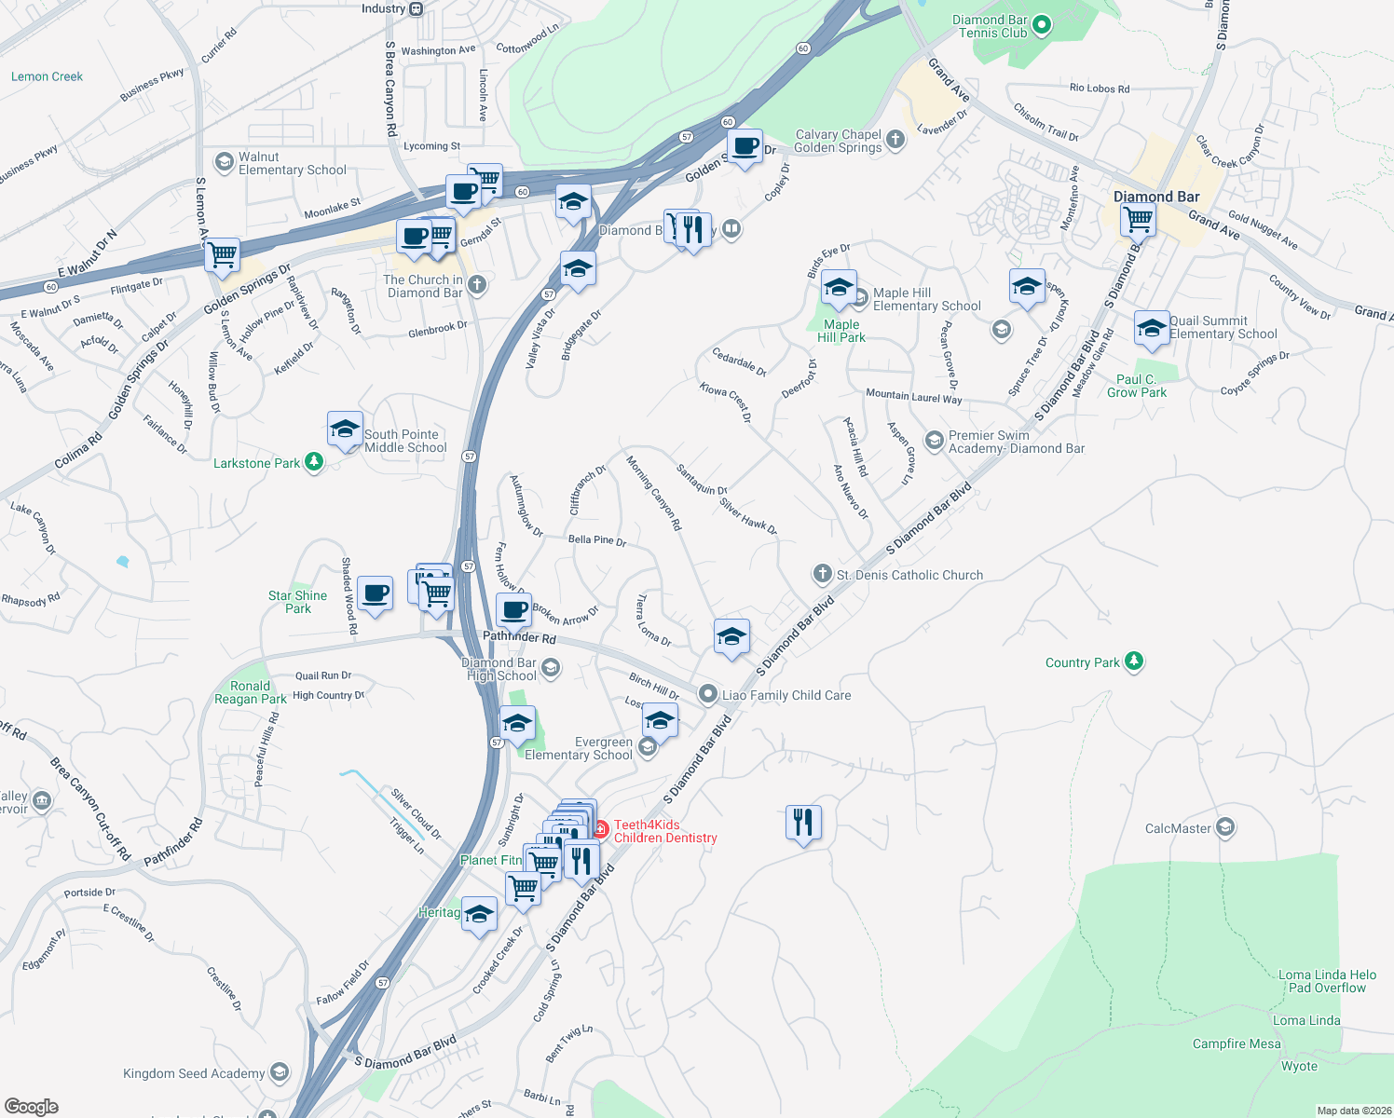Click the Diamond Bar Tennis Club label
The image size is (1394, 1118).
990,26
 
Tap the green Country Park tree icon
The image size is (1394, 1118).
1133,661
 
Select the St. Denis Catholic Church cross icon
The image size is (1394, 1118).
822,574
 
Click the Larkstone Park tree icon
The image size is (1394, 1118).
314,462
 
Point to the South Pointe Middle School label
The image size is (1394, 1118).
405,441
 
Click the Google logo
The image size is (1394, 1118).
32,1106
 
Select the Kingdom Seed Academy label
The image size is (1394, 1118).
194,1073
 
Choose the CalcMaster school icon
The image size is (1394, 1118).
1225,827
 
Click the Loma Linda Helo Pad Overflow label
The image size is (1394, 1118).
1327,981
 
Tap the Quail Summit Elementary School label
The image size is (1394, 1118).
1223,327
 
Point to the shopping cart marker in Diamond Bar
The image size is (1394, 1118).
1138,221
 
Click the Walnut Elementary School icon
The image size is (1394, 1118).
224,163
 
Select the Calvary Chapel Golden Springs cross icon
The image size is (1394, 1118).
895,140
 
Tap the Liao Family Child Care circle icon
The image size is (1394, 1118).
708,694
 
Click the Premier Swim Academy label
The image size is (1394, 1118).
1016,442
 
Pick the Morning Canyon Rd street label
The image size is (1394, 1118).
653,493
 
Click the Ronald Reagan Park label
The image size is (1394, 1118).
251,692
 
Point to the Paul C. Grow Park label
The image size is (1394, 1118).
1137,386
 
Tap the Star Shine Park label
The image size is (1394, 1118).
297,602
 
